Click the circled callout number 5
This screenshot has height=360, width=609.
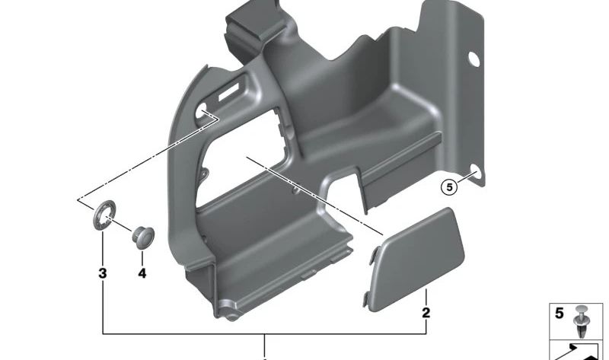(x=449, y=187)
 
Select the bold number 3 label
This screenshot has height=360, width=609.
(x=103, y=273)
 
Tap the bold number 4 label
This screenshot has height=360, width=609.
(x=142, y=273)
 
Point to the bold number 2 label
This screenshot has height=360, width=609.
(x=426, y=313)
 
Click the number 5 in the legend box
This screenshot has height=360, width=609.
(x=560, y=314)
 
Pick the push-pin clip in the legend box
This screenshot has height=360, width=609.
(x=582, y=322)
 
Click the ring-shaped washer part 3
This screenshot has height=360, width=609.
(x=105, y=215)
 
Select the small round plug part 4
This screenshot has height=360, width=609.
(x=142, y=236)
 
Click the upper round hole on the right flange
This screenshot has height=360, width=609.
(x=473, y=59)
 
